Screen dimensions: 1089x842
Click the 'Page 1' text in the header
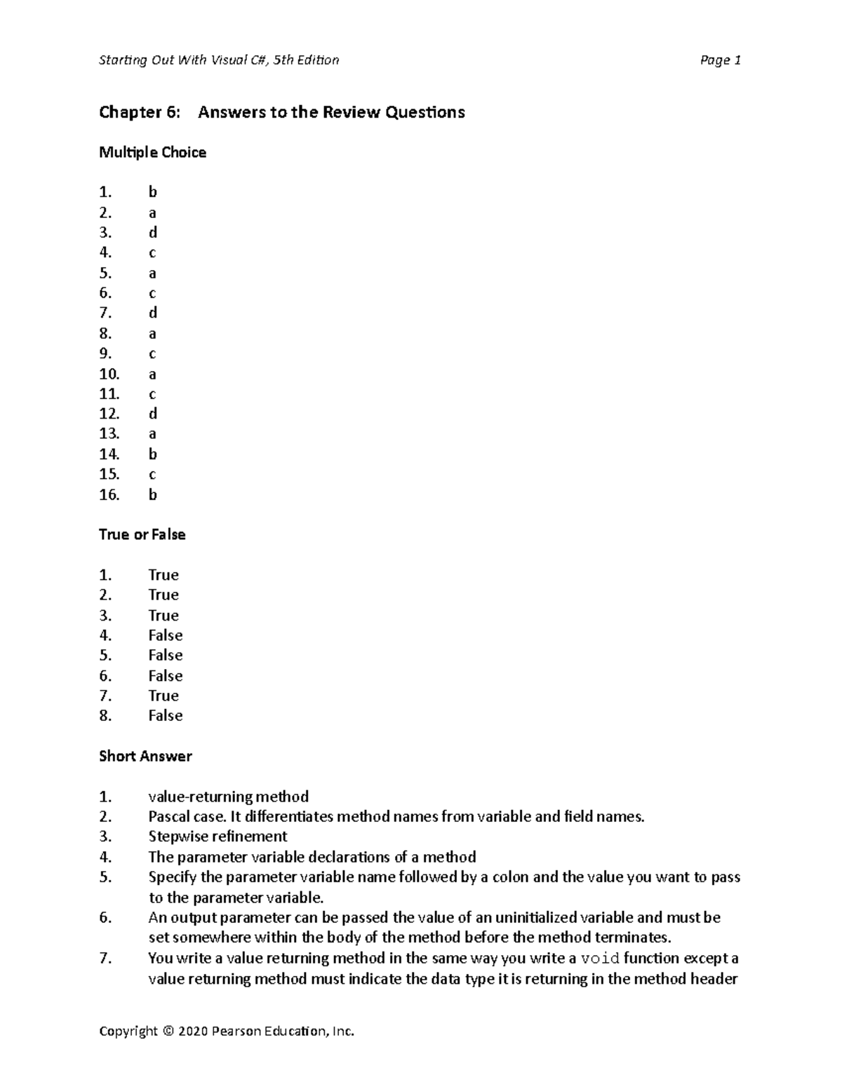tap(721, 60)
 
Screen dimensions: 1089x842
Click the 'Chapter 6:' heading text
tap(139, 112)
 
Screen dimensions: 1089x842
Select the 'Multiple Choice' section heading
tap(152, 153)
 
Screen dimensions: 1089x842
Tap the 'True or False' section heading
tap(142, 535)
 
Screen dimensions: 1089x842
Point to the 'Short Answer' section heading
tap(145, 757)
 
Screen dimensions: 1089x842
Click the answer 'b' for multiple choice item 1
tap(152, 192)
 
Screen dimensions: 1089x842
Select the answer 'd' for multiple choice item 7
tap(152, 313)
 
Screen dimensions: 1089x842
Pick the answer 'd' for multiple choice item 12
tap(152, 414)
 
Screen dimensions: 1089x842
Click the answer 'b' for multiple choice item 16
tap(152, 495)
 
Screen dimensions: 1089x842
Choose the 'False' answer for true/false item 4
tap(166, 636)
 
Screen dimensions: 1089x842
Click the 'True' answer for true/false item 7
tap(163, 696)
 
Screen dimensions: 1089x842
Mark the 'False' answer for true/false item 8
tap(166, 716)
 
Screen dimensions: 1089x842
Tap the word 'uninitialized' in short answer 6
tap(537, 918)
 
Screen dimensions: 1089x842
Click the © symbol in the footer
tap(166, 1031)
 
